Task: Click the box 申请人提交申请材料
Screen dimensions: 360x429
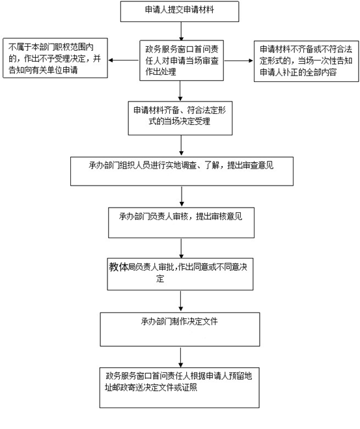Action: point(180,12)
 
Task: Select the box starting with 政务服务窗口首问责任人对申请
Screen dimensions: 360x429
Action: point(182,61)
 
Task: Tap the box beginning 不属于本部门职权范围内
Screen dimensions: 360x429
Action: point(55,58)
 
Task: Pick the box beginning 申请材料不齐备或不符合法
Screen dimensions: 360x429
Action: point(307,61)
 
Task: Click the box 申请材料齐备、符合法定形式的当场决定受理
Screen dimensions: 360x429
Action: point(180,118)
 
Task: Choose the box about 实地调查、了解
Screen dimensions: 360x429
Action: point(182,172)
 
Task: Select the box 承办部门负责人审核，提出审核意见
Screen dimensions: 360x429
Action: point(182,223)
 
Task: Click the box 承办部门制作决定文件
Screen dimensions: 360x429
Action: point(180,329)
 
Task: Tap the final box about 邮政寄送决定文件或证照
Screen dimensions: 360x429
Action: point(180,388)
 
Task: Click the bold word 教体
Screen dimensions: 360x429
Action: point(118,267)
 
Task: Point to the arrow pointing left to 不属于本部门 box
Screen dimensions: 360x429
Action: point(124,60)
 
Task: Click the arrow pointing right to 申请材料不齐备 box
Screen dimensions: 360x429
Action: point(238,61)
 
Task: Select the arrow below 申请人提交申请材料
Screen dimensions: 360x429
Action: point(181,31)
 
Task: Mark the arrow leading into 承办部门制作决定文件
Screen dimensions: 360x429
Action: point(180,301)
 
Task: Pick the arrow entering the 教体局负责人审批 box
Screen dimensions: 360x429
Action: point(181,248)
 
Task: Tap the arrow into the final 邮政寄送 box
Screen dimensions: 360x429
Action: point(180,357)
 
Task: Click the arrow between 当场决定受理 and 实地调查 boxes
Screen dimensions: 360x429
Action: point(181,145)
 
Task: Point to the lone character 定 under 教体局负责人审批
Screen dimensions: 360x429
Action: point(160,279)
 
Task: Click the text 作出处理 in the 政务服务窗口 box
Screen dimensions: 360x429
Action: point(161,72)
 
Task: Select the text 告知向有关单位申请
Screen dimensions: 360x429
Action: point(43,70)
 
